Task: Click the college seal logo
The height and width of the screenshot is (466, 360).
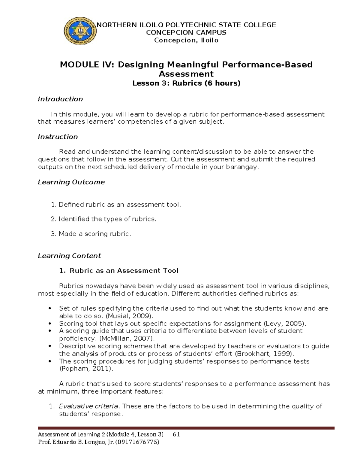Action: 80,32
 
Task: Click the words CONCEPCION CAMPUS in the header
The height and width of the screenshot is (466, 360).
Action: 186,32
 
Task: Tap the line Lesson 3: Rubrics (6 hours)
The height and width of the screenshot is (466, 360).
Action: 186,83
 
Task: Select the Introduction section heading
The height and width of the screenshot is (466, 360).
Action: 60,99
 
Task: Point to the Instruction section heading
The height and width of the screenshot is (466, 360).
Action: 58,137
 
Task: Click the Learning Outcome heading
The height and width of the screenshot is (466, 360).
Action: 71,182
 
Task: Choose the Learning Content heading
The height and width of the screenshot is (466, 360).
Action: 69,256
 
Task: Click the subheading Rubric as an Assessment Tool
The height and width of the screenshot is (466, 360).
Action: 124,271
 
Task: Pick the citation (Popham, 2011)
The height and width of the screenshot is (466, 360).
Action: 86,369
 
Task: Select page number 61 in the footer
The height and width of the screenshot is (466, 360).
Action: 176,434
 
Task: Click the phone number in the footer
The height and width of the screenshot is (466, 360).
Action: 137,442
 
